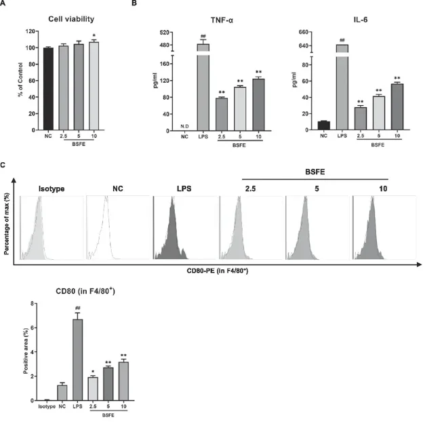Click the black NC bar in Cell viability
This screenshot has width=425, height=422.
[x=47, y=88]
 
